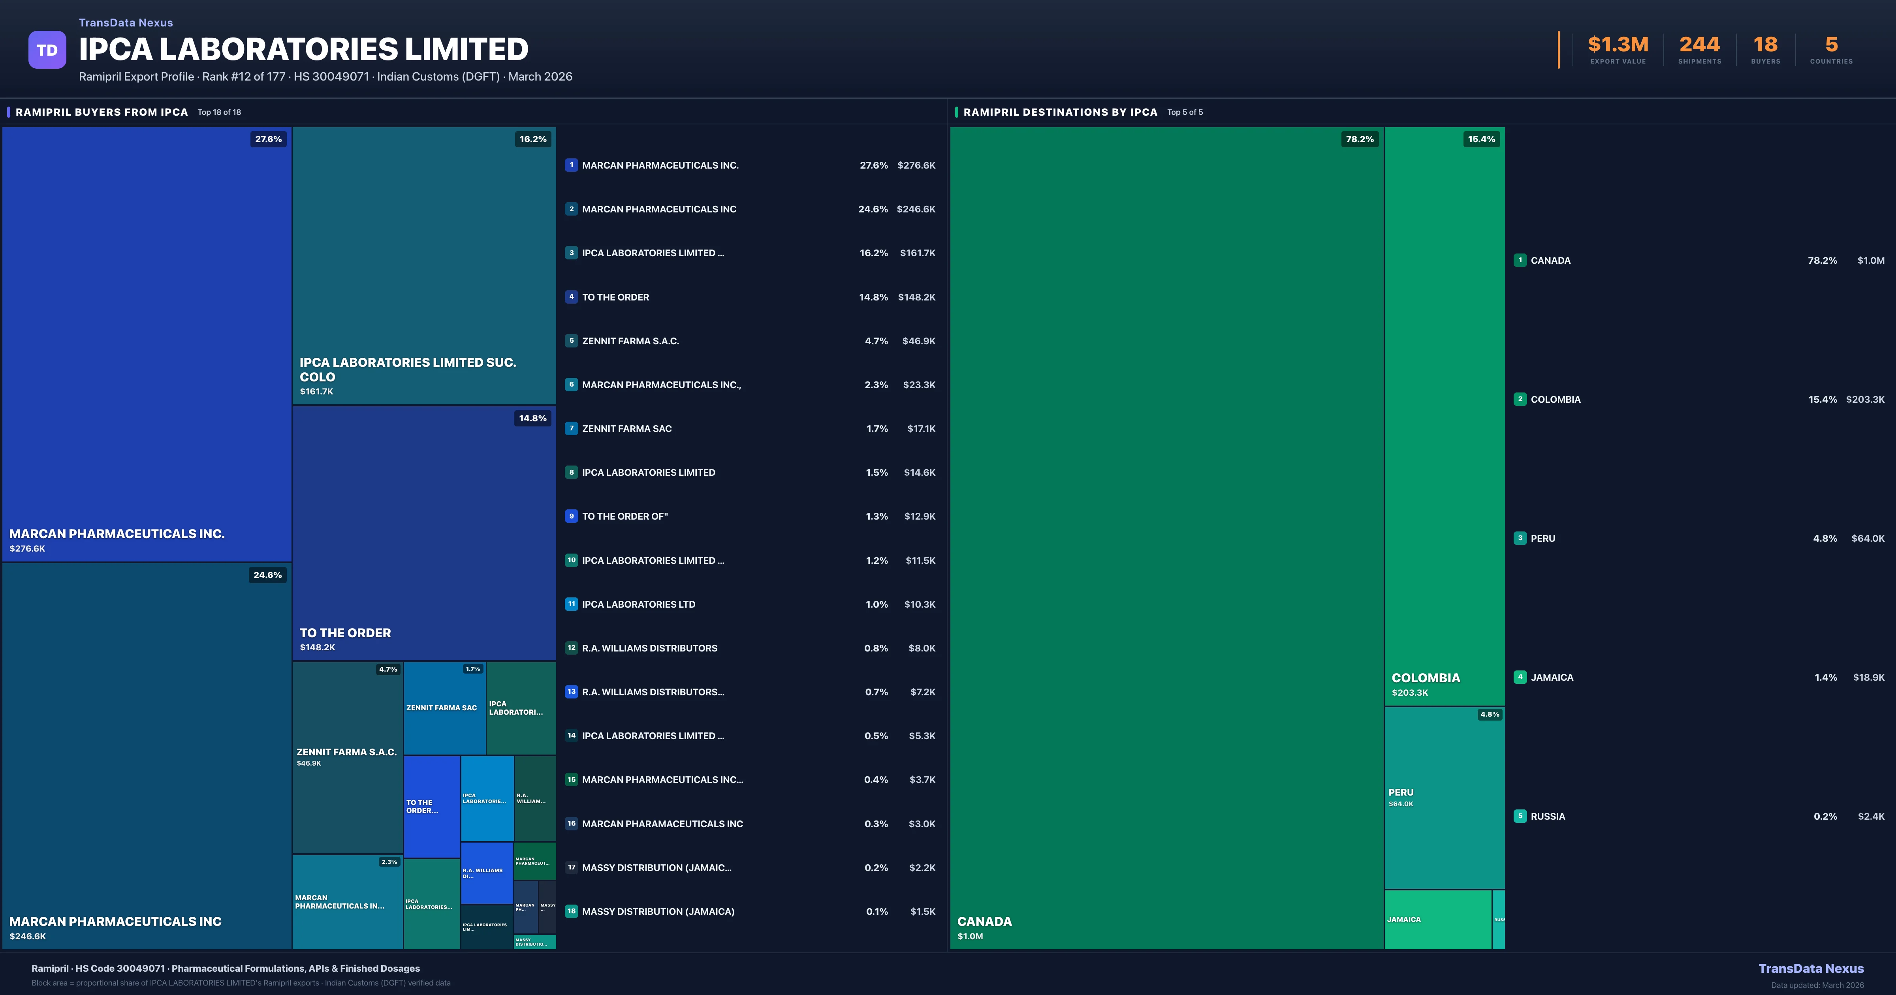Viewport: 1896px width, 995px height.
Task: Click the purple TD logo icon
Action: pos(47,50)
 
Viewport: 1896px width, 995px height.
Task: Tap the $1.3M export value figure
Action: pos(1618,45)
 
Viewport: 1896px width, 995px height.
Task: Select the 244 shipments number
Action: pos(1699,45)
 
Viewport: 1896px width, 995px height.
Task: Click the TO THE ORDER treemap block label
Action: pos(345,633)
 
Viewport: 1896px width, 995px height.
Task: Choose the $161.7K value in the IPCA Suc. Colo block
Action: pos(316,392)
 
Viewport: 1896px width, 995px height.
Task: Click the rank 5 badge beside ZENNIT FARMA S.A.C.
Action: pos(571,341)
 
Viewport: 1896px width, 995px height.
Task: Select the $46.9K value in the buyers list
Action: pos(918,341)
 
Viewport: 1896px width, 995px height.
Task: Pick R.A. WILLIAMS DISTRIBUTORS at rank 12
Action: pos(649,648)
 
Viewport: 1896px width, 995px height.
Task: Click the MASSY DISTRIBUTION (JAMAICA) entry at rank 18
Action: pos(658,912)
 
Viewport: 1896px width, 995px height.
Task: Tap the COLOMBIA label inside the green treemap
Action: pos(1426,678)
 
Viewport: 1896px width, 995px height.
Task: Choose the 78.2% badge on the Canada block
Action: pos(1360,139)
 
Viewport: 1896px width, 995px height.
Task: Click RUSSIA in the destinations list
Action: pos(1548,816)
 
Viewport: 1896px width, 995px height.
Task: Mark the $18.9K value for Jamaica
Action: pos(1868,677)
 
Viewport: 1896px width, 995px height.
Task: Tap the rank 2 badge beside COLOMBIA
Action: pos(1520,399)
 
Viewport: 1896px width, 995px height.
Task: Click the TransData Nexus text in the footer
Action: pos(1811,969)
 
